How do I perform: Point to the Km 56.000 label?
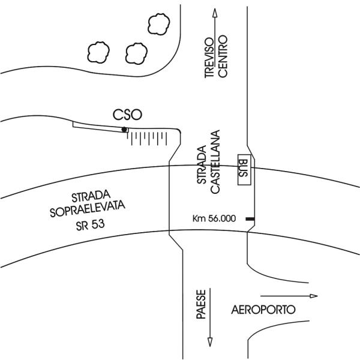[214, 219]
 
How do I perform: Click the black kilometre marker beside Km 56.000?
[249, 220]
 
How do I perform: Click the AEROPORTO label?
[263, 310]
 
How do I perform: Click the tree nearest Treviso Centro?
[160, 24]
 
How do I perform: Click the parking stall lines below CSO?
[147, 139]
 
